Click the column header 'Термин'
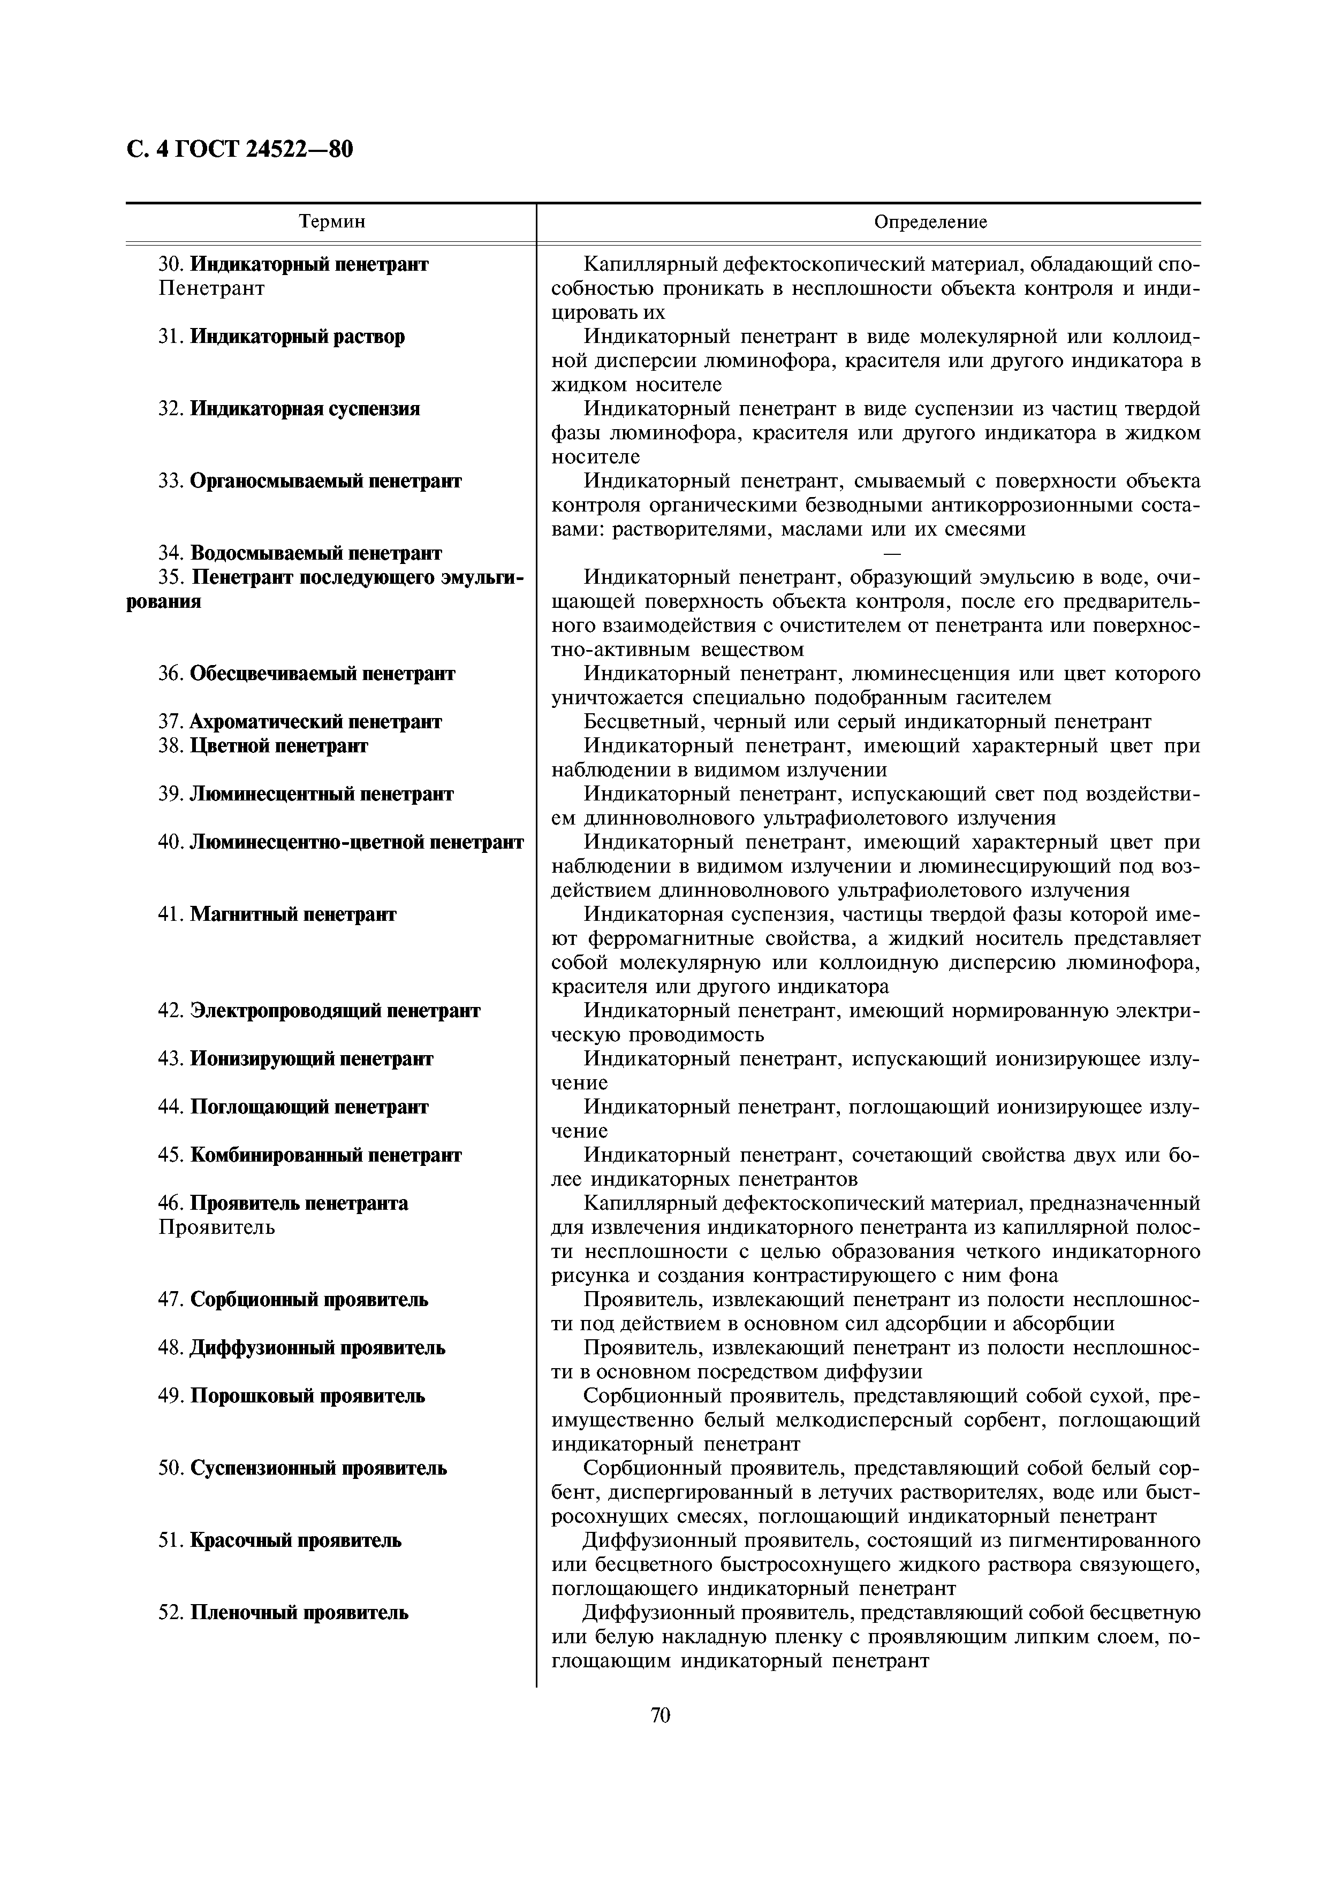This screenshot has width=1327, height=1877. point(331,222)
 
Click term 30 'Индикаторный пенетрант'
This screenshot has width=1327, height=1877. point(308,264)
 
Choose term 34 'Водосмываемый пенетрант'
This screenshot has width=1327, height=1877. point(316,553)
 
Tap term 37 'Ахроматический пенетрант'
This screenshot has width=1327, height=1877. point(316,722)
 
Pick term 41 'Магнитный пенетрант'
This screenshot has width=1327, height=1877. point(293,914)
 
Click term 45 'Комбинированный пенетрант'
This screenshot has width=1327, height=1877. point(325,1155)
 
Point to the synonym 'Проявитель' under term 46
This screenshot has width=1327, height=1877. point(217,1227)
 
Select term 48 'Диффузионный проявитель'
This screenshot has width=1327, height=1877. point(317,1347)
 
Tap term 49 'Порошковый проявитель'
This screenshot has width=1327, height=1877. point(307,1395)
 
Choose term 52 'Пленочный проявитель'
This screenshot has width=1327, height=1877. point(299,1613)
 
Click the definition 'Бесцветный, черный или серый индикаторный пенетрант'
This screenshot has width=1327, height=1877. point(867,722)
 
